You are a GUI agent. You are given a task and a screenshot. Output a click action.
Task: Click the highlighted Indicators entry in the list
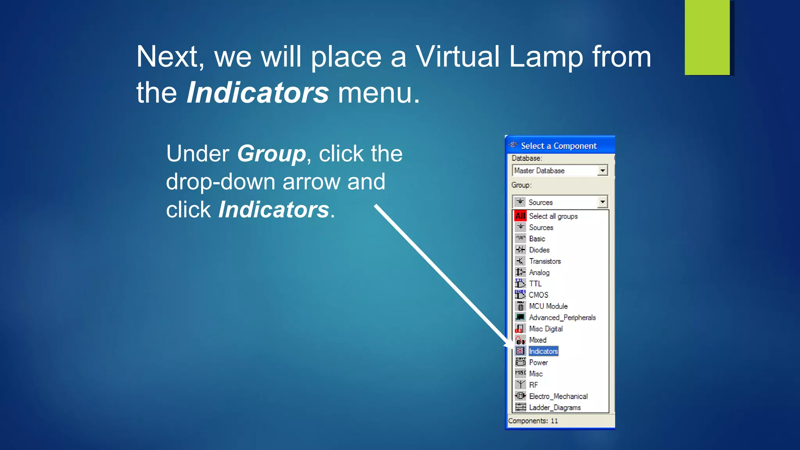[543, 351]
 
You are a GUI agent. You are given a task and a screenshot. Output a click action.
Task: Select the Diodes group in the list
[539, 250]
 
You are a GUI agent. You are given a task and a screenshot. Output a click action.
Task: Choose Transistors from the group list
[545, 261]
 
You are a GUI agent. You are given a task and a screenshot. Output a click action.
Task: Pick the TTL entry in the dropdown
[535, 284]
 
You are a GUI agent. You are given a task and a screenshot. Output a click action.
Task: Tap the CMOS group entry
[538, 295]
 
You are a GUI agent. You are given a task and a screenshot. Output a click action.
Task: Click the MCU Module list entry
[548, 306]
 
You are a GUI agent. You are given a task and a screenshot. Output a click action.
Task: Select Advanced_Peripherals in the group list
[562, 318]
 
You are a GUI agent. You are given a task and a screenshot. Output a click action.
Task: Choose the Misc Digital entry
[546, 329]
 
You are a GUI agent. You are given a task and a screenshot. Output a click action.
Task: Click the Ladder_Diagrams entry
[555, 408]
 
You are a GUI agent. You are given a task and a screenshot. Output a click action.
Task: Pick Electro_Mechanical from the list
[558, 396]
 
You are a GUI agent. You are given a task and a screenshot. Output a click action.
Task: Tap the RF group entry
[534, 385]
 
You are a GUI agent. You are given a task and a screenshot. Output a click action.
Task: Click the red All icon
[520, 216]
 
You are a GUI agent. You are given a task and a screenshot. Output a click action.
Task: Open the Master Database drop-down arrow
[603, 171]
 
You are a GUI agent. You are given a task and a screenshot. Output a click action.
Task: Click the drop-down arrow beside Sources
[603, 202]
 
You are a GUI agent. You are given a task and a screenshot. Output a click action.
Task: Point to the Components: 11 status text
[533, 421]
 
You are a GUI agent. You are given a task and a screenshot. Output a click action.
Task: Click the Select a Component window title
[559, 146]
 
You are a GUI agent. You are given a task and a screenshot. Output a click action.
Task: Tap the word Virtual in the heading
[457, 57]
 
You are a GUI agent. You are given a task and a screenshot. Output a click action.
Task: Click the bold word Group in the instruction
[271, 154]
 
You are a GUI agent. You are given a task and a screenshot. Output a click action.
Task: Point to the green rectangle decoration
[707, 37]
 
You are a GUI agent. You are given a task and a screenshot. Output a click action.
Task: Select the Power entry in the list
[538, 362]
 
